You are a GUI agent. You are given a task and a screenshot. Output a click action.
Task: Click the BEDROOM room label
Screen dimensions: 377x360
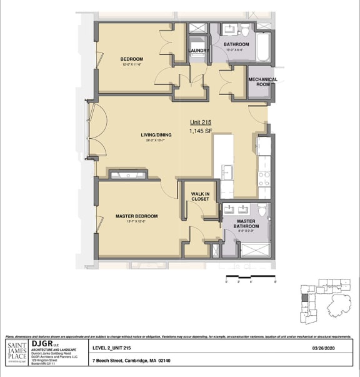pos(132,59)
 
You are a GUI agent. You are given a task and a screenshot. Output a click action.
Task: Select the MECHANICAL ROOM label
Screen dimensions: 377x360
pos(262,82)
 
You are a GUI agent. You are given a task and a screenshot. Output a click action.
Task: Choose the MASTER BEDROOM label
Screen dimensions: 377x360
pos(136,216)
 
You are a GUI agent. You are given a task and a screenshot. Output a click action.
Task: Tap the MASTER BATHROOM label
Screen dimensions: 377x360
pos(246,223)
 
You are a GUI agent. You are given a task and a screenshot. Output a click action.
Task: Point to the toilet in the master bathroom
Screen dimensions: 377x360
pos(263,209)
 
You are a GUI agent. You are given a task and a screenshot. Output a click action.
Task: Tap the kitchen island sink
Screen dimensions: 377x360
pos(226,171)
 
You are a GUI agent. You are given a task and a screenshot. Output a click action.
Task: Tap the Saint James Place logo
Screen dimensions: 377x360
pos(16,351)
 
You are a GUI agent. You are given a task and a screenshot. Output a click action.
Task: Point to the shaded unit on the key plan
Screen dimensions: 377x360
pos(304,298)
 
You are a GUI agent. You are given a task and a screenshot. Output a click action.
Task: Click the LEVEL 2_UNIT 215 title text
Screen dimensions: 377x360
pos(112,349)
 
